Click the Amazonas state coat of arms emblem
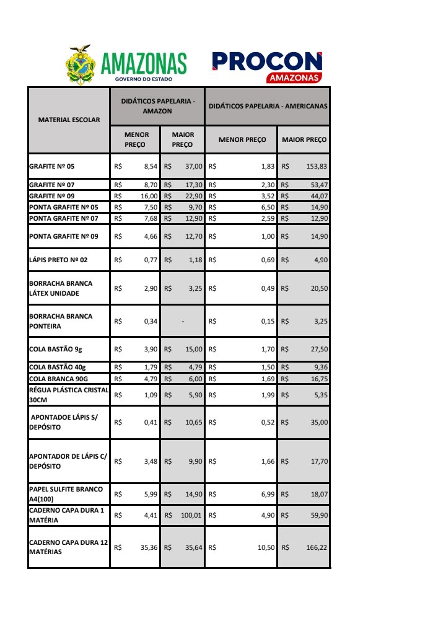[81, 64]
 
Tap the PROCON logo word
[267, 61]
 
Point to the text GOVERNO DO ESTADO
[144, 79]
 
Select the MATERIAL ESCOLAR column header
[69, 120]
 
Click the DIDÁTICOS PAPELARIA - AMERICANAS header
[268, 106]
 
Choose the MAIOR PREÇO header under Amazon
[183, 139]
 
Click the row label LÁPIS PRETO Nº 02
[58, 260]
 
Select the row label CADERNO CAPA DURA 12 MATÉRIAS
[69, 547]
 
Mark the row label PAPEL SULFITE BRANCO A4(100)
[66, 493]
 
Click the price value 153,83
[317, 167]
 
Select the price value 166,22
[317, 547]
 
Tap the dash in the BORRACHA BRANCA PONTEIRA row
[183, 321]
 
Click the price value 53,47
[319, 185]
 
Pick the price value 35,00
[319, 422]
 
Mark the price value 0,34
[151, 321]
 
